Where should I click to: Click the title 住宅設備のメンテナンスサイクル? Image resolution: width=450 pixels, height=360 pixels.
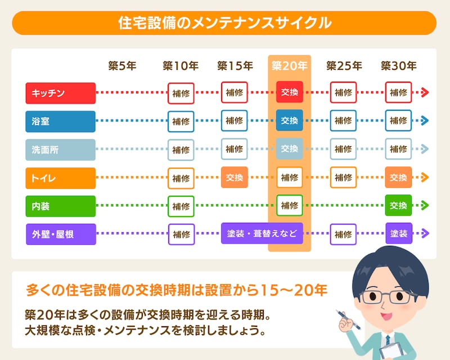point(224,23)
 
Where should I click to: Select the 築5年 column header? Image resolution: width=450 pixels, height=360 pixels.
point(122,66)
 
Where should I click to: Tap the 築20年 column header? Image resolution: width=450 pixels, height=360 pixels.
point(289,66)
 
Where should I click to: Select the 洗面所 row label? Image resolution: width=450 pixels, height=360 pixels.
point(60,150)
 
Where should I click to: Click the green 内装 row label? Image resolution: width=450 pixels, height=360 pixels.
point(60,206)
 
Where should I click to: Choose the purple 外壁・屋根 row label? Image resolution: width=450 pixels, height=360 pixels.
point(60,234)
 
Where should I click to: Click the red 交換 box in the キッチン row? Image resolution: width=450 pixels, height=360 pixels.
point(289,93)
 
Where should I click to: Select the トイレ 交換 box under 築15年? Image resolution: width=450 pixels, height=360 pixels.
point(235,178)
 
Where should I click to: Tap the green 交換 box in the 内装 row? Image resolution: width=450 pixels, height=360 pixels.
point(398,206)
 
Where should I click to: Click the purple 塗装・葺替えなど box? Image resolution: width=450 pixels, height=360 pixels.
point(262,233)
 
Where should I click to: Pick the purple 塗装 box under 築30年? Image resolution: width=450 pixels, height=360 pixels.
point(398,233)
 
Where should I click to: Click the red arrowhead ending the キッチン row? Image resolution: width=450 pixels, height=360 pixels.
point(425,93)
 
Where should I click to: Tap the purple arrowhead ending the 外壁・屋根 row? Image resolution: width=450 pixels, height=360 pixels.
point(425,233)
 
